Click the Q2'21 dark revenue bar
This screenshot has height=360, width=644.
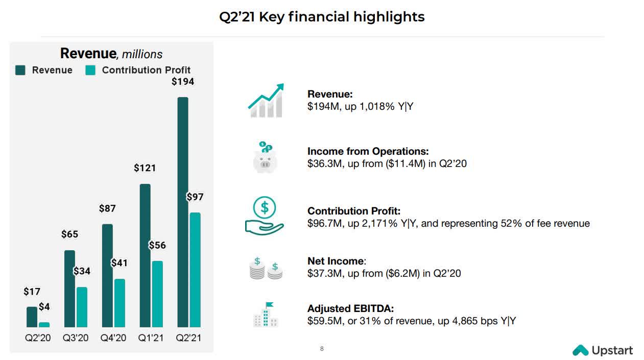pos(182,212)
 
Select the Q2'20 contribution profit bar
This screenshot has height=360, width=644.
pos(44,324)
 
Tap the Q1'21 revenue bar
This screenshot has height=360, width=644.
pos(145,255)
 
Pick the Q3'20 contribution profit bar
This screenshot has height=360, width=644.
pos(82,307)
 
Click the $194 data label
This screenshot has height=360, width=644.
pos(182,81)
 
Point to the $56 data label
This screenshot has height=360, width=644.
pos(157,246)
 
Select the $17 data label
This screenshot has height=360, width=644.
pos(32,292)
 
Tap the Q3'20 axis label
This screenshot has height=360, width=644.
pos(76,338)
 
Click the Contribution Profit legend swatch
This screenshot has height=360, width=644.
pos(90,70)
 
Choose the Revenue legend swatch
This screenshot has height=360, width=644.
pos(20,70)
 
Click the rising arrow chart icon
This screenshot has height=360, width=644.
pos(266,101)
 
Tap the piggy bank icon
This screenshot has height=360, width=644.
pos(265,158)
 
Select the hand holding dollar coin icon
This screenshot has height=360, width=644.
pos(264,215)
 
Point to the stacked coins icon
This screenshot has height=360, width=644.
pos(266,268)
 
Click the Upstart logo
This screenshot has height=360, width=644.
pos(603,350)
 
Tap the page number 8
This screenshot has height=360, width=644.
pos(322,349)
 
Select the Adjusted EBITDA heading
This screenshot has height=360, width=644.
pos(350,308)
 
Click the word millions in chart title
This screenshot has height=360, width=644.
pos(142,54)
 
